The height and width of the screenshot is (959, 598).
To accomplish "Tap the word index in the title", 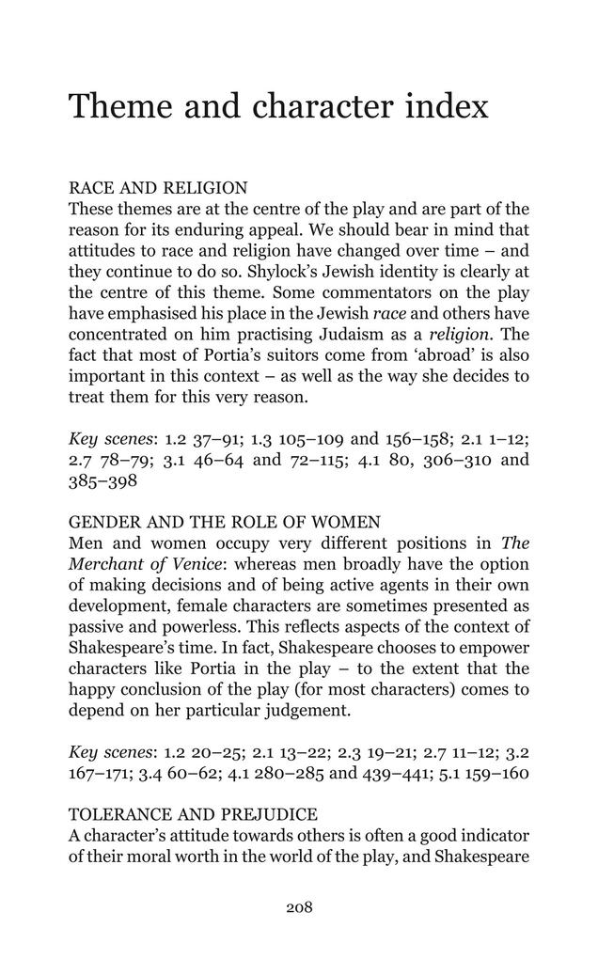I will pos(447,107).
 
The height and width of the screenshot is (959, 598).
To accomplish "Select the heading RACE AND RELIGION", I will pos(158,188).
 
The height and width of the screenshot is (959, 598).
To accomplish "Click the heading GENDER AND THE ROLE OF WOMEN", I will pos(225,523).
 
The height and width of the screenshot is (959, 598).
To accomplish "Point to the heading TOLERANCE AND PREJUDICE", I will pos(193,813).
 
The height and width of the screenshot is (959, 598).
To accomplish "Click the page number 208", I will pos(299,907).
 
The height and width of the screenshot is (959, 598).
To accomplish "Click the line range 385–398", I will pos(103,481).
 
